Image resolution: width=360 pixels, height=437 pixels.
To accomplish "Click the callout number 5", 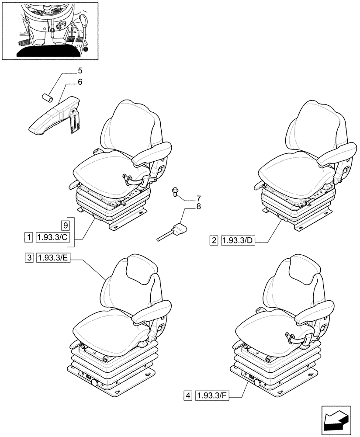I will [80, 70].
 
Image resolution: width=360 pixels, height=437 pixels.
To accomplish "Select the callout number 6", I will [80, 82].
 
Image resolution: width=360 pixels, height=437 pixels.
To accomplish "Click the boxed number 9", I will [65, 225].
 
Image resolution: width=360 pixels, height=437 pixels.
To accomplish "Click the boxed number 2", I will [214, 240].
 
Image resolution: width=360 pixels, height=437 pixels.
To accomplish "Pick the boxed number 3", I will [28, 258].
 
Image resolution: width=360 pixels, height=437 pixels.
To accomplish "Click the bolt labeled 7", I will [175, 193].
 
